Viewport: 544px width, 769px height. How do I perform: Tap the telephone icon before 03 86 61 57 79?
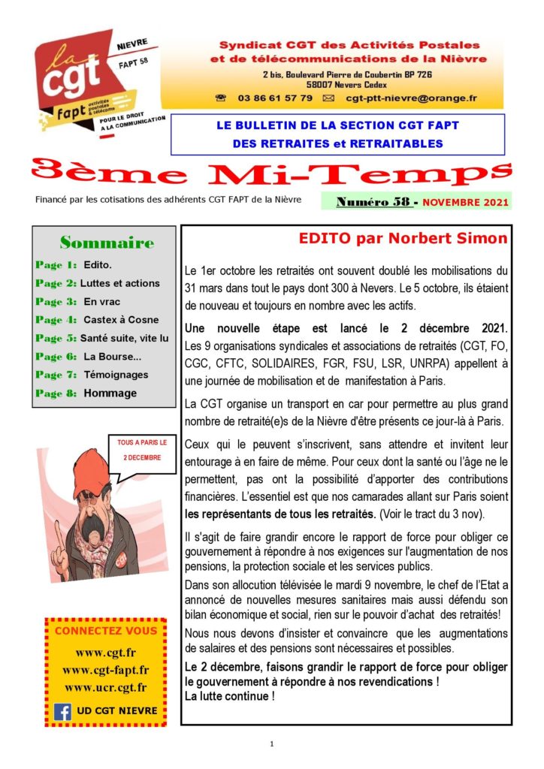tap(221, 98)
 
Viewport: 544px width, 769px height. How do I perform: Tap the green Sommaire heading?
tap(107, 243)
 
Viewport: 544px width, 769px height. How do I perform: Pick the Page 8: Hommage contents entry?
tap(86, 393)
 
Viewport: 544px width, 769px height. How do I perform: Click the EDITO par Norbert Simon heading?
tap(403, 239)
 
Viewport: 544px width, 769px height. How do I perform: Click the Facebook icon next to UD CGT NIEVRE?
tap(62, 710)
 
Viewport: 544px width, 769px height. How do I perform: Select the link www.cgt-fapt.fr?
tap(105, 670)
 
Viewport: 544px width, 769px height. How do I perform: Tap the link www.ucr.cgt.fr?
tap(105, 687)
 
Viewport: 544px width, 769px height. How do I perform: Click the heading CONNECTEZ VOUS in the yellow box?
tap(106, 631)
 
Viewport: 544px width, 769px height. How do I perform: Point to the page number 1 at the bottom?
tap(272, 743)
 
